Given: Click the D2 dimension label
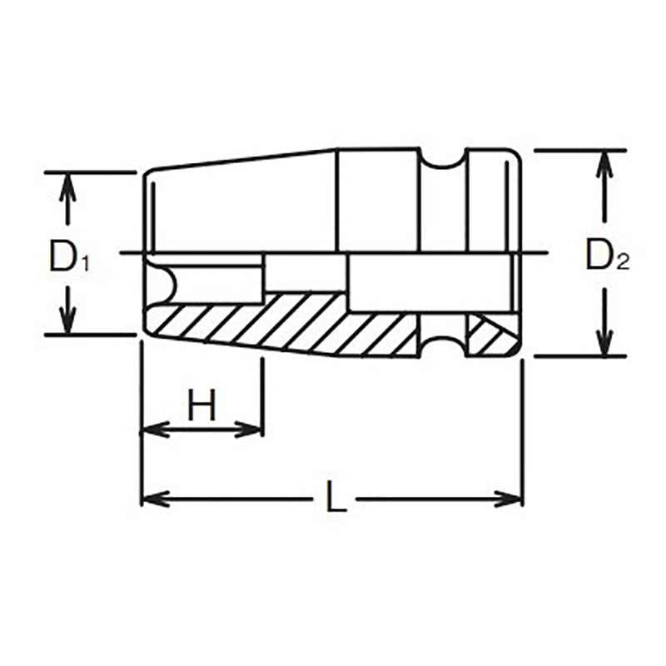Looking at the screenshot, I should click(x=607, y=256).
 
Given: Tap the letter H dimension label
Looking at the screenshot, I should click(x=201, y=407).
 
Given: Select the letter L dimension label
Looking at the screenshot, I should click(x=335, y=499).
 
